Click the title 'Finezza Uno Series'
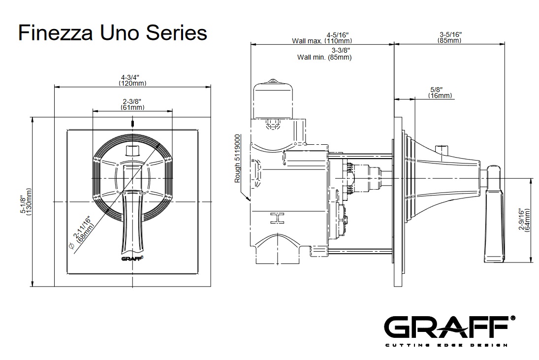click(112, 33)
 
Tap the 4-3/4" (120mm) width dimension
click(131, 80)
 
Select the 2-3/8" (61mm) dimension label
click(133, 104)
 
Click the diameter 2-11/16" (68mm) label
click(83, 228)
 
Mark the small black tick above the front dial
click(132, 123)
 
